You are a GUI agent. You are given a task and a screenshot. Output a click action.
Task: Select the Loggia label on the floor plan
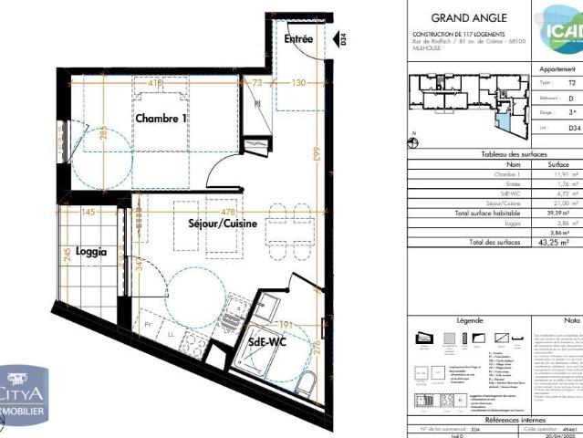[91, 250]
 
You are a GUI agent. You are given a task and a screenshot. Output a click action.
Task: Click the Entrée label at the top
[298, 39]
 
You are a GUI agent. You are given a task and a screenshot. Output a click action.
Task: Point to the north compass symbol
[415, 144]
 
